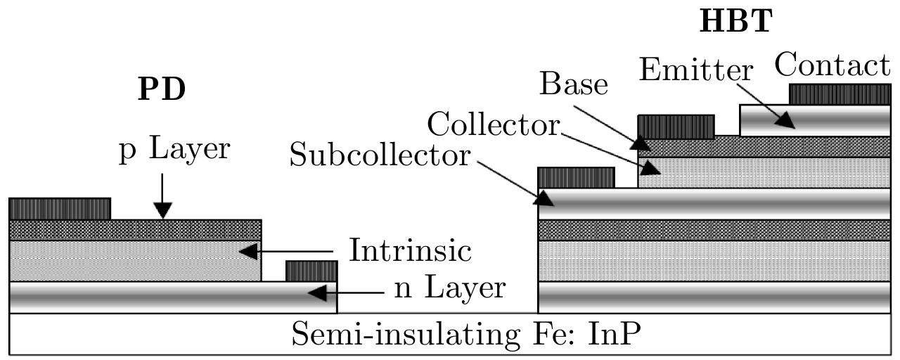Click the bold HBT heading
click(735, 22)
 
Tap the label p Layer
click(174, 149)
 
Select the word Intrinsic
click(411, 251)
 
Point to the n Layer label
click(449, 288)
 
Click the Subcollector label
click(380, 156)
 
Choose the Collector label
click(494, 126)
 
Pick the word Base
click(574, 84)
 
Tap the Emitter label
click(697, 70)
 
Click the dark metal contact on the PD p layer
click(60, 209)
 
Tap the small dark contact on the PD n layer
click(311, 271)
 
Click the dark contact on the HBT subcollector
click(576, 177)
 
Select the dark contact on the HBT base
click(676, 127)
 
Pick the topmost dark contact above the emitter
click(840, 94)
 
